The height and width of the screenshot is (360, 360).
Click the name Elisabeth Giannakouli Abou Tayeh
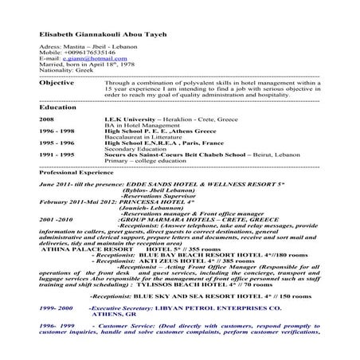pyautogui.click(x=100, y=35)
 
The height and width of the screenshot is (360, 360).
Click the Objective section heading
pyautogui.click(x=57, y=82)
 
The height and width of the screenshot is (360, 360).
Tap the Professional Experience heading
pyautogui.click(x=77, y=172)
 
